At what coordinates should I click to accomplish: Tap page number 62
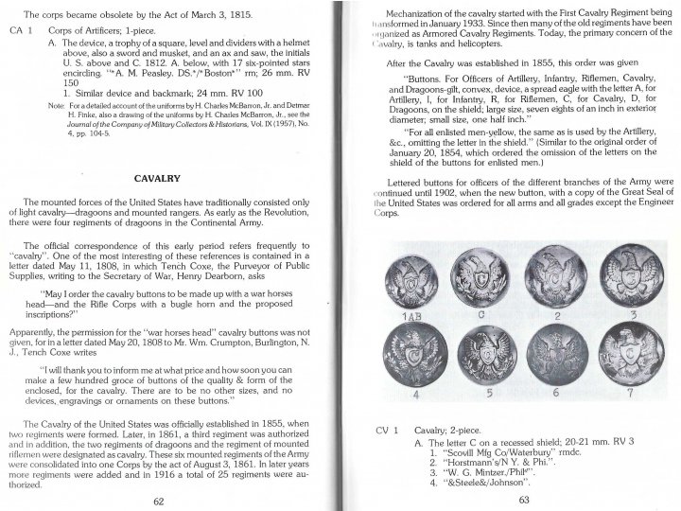159,500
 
